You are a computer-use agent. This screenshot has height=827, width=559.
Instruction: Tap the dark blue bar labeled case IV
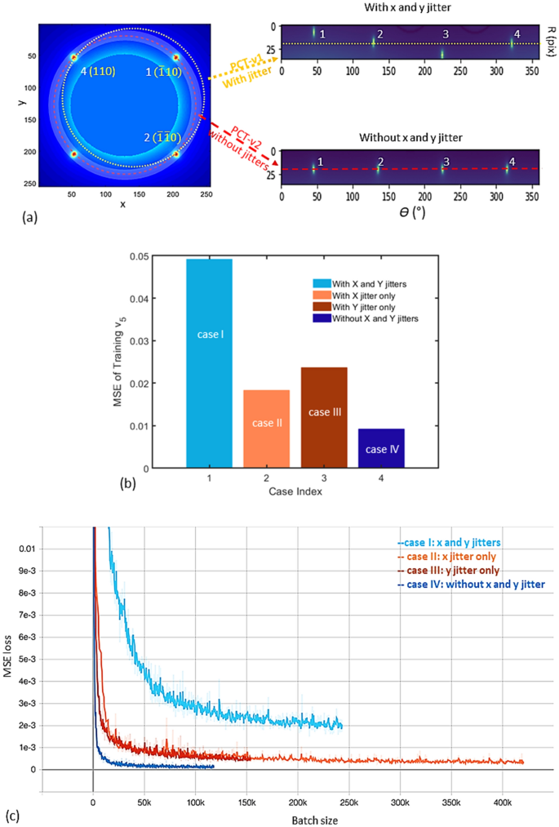381,448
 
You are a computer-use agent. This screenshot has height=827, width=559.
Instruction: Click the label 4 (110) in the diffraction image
95,71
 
